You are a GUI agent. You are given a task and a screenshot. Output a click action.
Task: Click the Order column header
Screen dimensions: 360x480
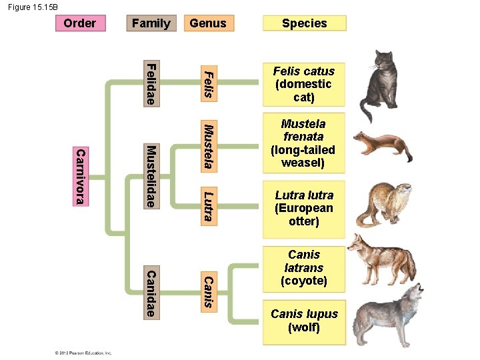79,23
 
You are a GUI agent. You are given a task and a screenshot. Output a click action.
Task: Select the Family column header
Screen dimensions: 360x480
151,23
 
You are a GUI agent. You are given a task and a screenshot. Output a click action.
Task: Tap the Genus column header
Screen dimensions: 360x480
208,23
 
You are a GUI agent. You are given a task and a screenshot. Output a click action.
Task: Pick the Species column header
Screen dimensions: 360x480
304,23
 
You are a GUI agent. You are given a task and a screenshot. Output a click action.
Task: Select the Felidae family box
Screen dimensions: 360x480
151,83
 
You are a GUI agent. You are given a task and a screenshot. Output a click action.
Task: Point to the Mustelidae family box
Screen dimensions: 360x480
151,176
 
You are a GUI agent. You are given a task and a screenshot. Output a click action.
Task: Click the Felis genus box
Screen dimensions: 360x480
208,83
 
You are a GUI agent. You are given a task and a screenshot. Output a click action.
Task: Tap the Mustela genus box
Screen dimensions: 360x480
208,145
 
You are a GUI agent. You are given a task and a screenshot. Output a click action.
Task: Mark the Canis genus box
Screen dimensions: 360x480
208,292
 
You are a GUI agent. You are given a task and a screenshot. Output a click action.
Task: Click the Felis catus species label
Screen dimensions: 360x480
304,84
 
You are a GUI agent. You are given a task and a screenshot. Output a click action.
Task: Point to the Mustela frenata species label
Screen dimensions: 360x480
304,143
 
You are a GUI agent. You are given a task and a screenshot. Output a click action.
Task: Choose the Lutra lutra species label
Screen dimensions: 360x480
304,208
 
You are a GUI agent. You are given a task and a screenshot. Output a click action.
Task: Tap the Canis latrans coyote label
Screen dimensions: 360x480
304,267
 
